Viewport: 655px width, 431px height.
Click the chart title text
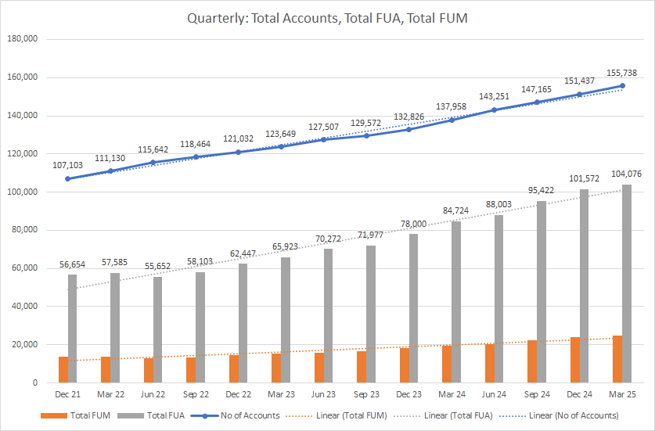(x=327, y=17)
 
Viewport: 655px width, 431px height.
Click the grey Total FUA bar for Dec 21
(x=73, y=329)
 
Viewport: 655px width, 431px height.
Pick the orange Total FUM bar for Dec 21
(x=63, y=370)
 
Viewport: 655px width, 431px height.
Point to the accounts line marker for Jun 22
(x=153, y=162)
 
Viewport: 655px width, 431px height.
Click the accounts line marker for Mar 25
(x=622, y=85)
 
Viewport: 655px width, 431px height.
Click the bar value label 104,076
(x=626, y=174)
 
